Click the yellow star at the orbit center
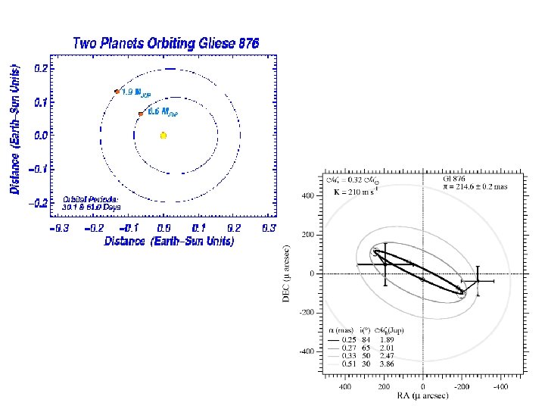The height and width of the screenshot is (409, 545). [x=163, y=135]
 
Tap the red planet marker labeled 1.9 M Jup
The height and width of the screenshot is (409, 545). [x=117, y=92]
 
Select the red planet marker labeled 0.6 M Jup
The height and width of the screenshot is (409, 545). [x=140, y=114]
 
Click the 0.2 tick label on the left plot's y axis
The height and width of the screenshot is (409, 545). [x=45, y=68]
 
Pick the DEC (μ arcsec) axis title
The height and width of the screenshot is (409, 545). [x=287, y=273]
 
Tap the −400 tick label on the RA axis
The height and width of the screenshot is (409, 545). [x=500, y=386]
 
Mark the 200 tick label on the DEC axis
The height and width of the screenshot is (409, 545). [x=307, y=235]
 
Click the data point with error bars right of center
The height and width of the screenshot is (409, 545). [x=478, y=281]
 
